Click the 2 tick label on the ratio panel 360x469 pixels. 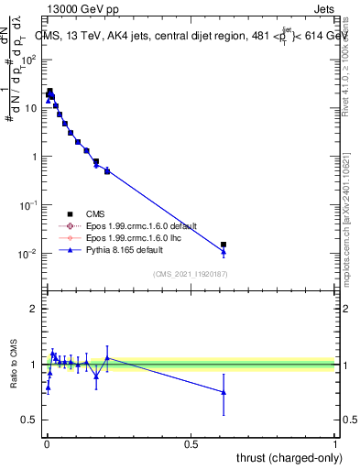33,309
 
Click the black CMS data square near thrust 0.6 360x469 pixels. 224,245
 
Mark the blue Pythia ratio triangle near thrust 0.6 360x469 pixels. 224,392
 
